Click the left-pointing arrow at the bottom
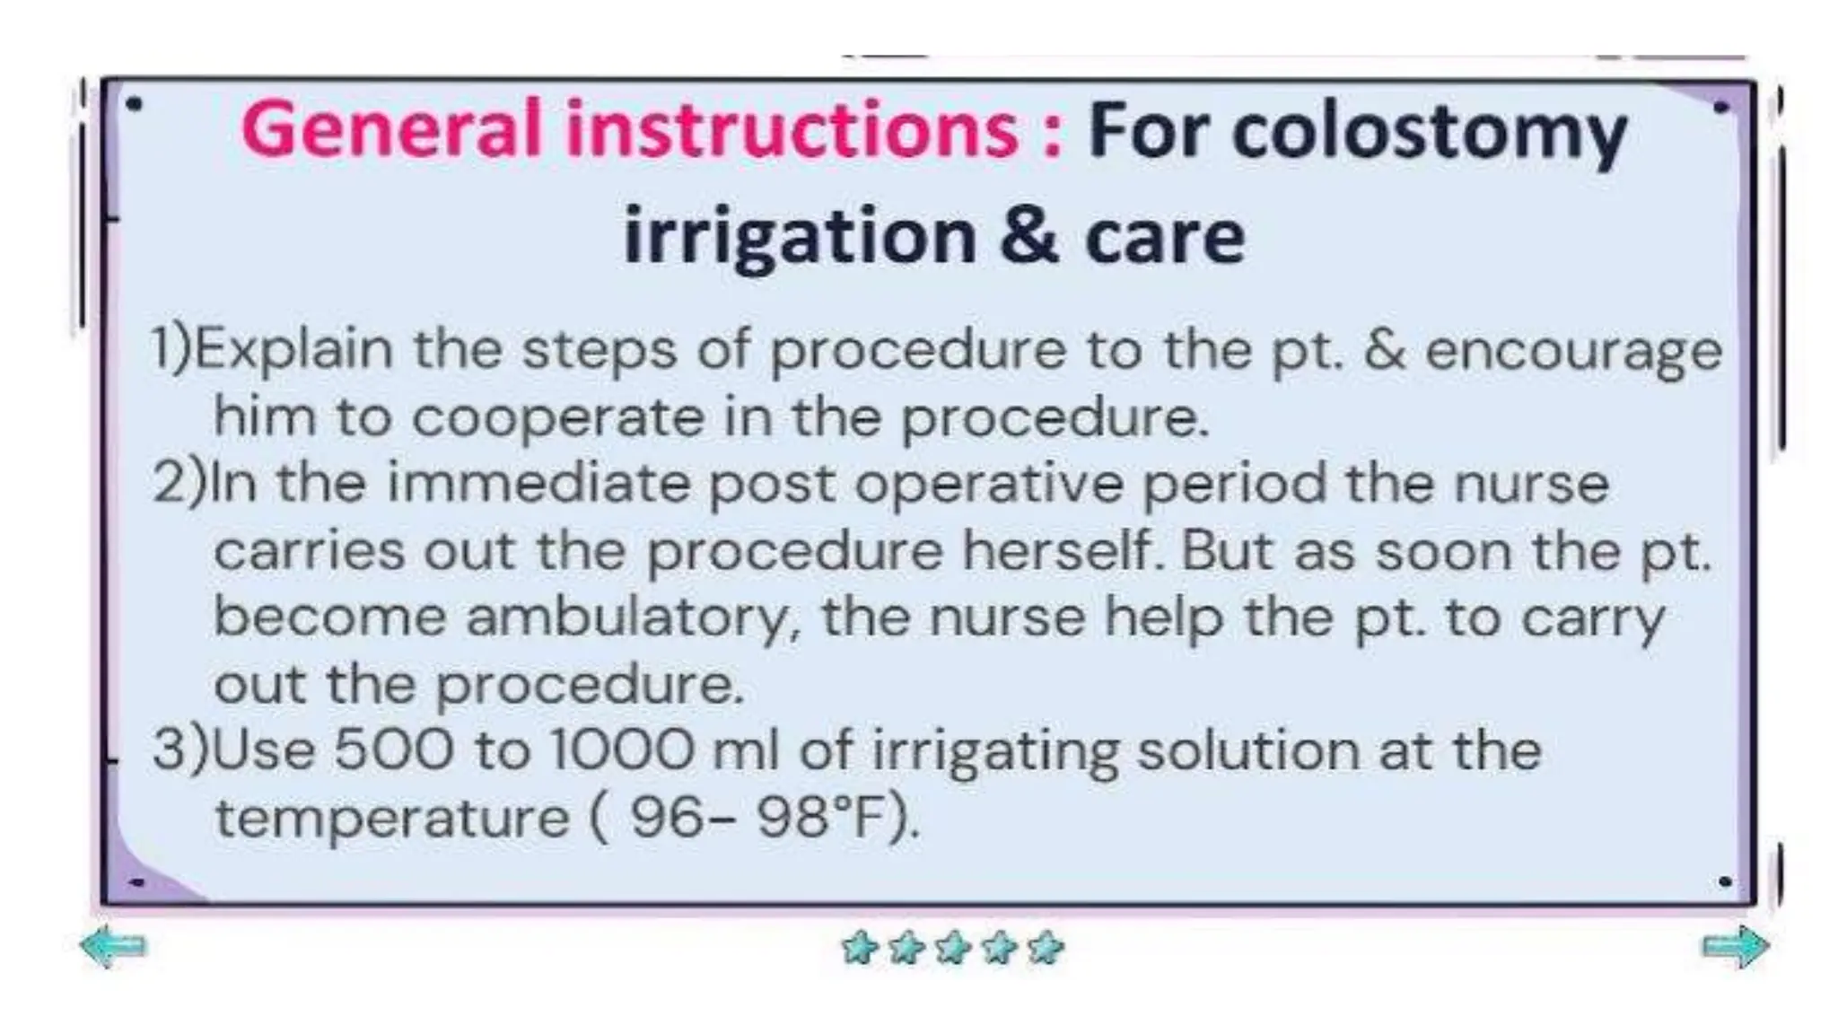[x=113, y=946]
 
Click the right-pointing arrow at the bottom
[x=1735, y=946]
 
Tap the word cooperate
[x=557, y=418]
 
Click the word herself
[x=1063, y=550]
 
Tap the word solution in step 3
[x=1247, y=750]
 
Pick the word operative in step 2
[x=988, y=486]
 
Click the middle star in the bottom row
[x=952, y=948]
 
